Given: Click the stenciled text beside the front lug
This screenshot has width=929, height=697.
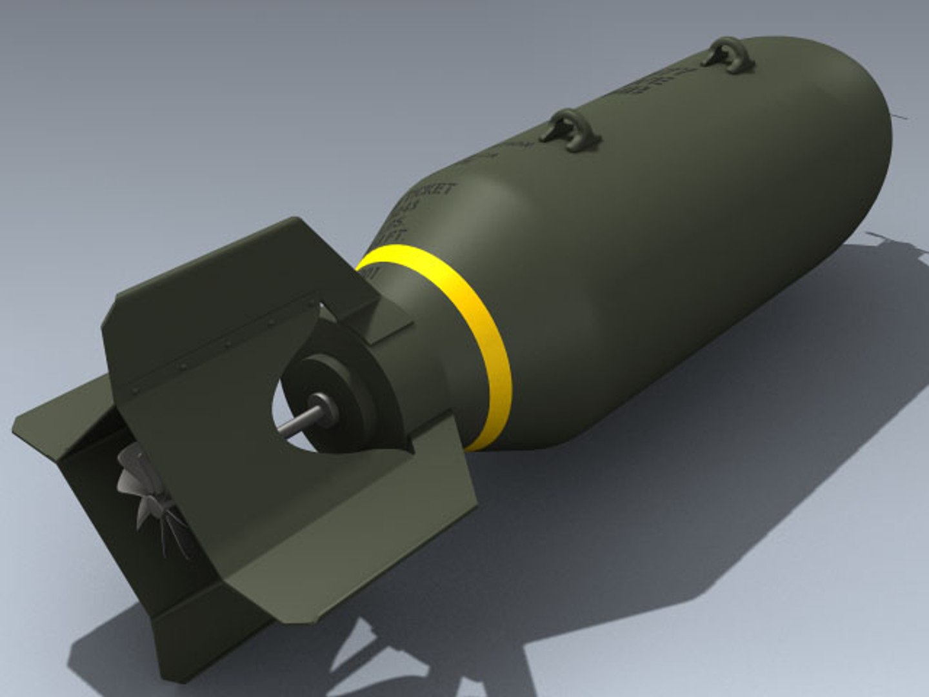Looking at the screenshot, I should [652, 84].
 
